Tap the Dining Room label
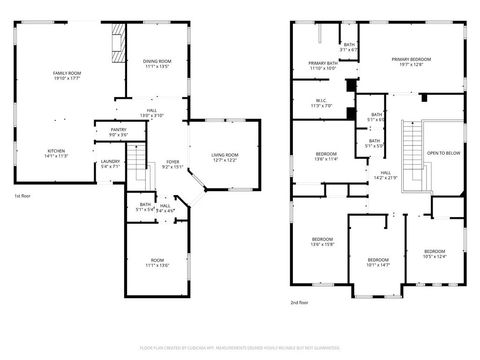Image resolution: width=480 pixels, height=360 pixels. click(158, 65)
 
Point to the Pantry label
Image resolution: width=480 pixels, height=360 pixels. click(118, 131)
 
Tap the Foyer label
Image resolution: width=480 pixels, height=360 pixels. click(173, 164)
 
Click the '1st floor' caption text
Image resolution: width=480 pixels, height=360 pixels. click(25, 197)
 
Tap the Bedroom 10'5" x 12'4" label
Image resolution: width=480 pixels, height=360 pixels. click(434, 254)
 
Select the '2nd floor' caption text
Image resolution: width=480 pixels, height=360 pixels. click(298, 303)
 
